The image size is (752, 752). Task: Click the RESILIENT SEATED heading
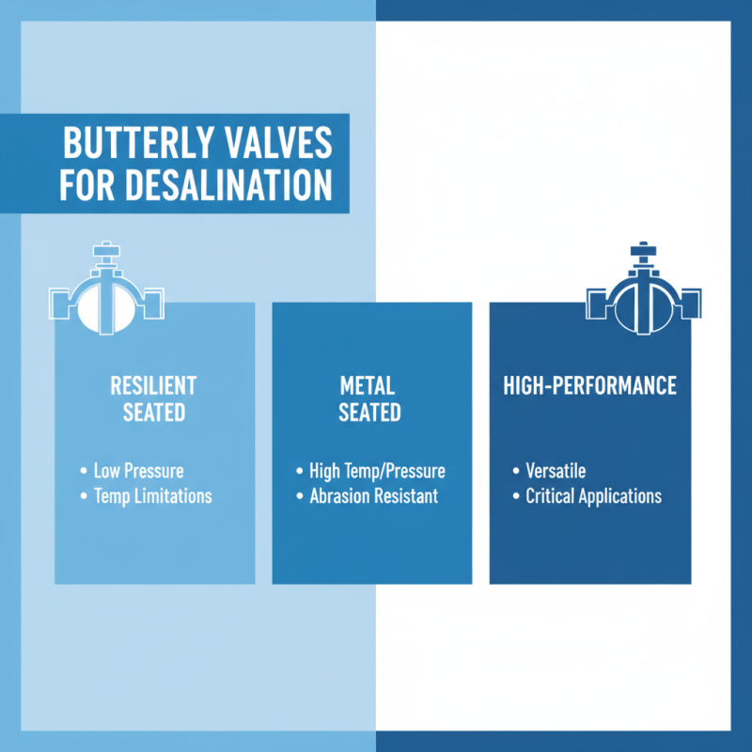click(153, 399)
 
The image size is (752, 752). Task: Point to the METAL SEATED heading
click(369, 399)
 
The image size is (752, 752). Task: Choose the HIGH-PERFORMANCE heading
click(589, 385)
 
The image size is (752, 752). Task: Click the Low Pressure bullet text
click(138, 470)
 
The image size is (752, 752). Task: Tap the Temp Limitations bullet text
click(152, 495)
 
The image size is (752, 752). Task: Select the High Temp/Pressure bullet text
click(377, 470)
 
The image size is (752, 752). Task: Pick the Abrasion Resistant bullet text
click(373, 495)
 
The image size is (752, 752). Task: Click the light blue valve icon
click(105, 299)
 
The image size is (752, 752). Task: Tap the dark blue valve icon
click(643, 299)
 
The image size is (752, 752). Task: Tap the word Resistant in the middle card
click(405, 495)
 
